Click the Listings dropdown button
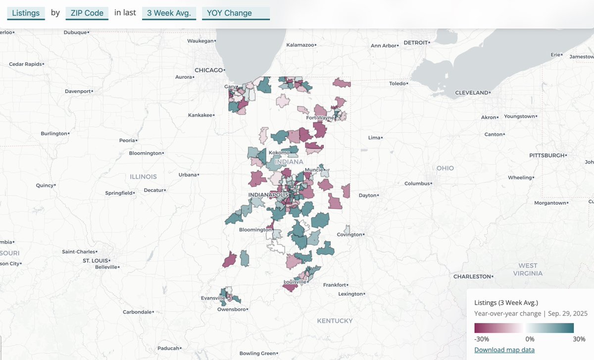pyautogui.click(x=26, y=13)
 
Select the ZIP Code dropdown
pyautogui.click(x=87, y=13)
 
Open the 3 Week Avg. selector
pyautogui.click(x=169, y=13)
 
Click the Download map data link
pyautogui.click(x=504, y=350)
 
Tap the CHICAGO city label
pyautogui.click(x=208, y=70)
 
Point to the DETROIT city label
pyautogui.click(x=415, y=43)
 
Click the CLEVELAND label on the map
pyautogui.click(x=471, y=93)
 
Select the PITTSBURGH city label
pyautogui.click(x=547, y=155)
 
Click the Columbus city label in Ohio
pyautogui.click(x=416, y=184)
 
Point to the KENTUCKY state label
pyautogui.click(x=335, y=321)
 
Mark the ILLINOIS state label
pyautogui.click(x=143, y=177)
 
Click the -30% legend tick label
pyautogui.click(x=482, y=339)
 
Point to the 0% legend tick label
pyautogui.click(x=530, y=339)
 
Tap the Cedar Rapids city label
pyautogui.click(x=26, y=64)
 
